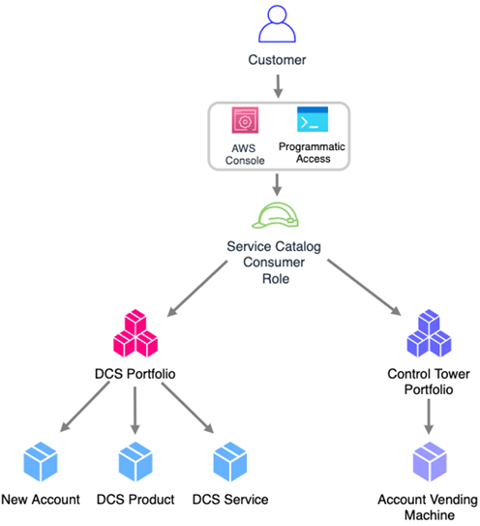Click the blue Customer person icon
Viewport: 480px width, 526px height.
coord(277,24)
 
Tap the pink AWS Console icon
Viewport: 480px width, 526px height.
coord(245,120)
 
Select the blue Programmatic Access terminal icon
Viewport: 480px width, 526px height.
coord(313,119)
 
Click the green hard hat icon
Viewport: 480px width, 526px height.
coord(275,215)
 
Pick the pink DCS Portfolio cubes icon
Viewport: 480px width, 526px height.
coord(135,333)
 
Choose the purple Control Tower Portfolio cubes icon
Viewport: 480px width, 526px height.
coord(429,333)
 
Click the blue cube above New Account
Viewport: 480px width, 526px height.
coord(41,462)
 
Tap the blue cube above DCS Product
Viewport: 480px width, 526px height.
coord(135,462)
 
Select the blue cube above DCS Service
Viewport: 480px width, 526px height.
coord(230,462)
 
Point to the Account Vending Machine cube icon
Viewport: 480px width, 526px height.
coord(430,462)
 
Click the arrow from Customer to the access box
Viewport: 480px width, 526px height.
coord(278,86)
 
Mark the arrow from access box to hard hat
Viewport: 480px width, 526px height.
coord(277,185)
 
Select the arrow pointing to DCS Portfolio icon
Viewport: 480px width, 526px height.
coord(197,289)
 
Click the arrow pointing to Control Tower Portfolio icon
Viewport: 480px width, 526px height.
coord(365,287)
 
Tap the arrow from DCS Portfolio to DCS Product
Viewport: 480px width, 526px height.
coord(135,411)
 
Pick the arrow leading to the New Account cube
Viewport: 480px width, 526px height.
coord(84,407)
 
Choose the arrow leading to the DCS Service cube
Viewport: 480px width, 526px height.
coord(188,408)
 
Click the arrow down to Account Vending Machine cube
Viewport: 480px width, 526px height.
coord(429,417)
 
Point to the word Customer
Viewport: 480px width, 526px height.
coord(277,60)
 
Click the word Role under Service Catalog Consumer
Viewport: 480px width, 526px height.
coord(276,279)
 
